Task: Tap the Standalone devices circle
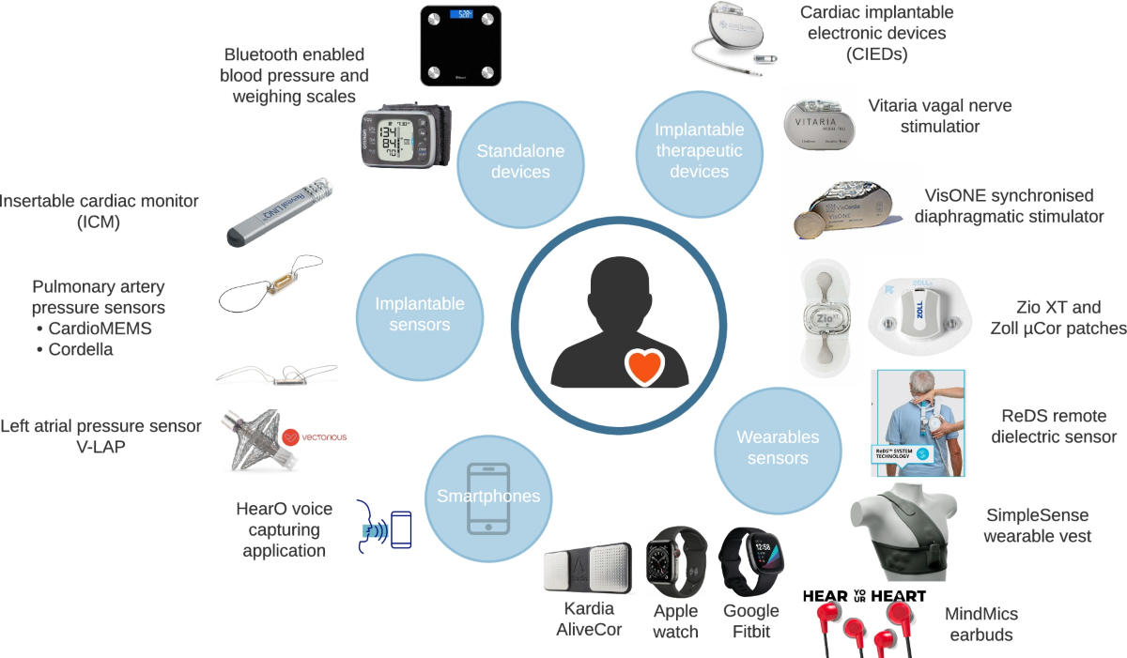[x=514, y=161]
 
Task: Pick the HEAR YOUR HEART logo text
[x=864, y=596]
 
